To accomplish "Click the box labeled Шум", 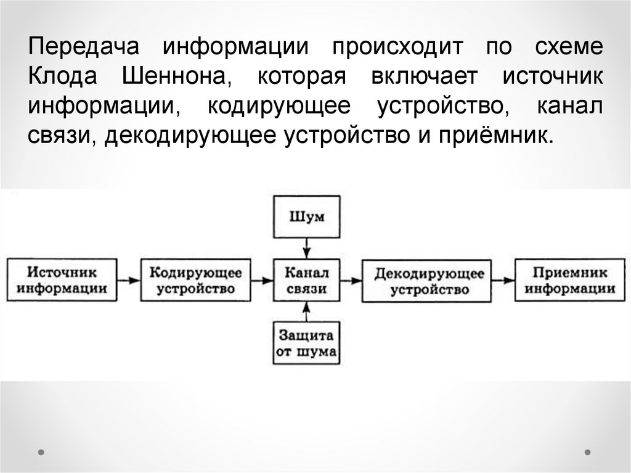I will point(306,217).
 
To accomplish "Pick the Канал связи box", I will point(306,281).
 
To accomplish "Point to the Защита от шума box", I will point(306,344).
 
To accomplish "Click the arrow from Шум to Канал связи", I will point(306,249).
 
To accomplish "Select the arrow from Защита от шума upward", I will point(306,313).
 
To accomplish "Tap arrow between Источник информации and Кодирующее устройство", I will point(129,281).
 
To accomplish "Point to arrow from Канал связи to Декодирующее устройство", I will point(349,281).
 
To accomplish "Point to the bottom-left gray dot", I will point(41,452).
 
